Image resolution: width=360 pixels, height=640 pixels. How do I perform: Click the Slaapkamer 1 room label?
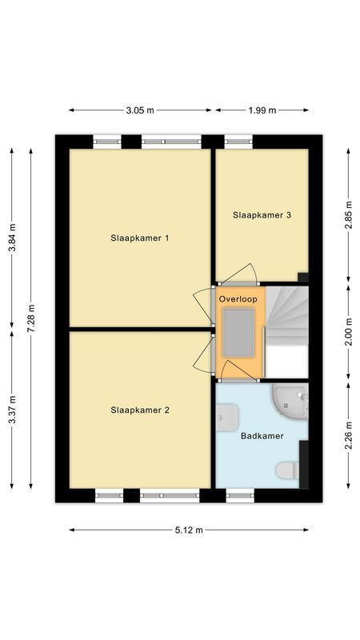pyautogui.click(x=140, y=238)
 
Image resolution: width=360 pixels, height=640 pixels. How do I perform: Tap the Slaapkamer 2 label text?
pyautogui.click(x=140, y=410)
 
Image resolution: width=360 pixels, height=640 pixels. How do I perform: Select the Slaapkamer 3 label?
pyautogui.click(x=262, y=214)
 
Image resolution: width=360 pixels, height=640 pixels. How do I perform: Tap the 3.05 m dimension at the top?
pyautogui.click(x=140, y=110)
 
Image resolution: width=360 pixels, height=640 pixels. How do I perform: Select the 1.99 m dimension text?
pyautogui.click(x=262, y=110)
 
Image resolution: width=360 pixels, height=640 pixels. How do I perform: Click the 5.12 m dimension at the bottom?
pyautogui.click(x=189, y=530)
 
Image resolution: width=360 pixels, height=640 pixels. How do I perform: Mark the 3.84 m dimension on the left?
pyautogui.click(x=11, y=238)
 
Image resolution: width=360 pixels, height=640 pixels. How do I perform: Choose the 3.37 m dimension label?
pyautogui.click(x=11, y=410)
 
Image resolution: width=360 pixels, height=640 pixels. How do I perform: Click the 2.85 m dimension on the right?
pyautogui.click(x=349, y=214)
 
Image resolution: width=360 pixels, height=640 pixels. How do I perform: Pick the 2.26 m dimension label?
pyautogui.click(x=349, y=436)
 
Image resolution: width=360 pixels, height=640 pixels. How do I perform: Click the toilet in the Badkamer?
pyautogui.click(x=289, y=471)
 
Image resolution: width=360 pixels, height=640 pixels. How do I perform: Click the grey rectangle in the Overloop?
pyautogui.click(x=238, y=333)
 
